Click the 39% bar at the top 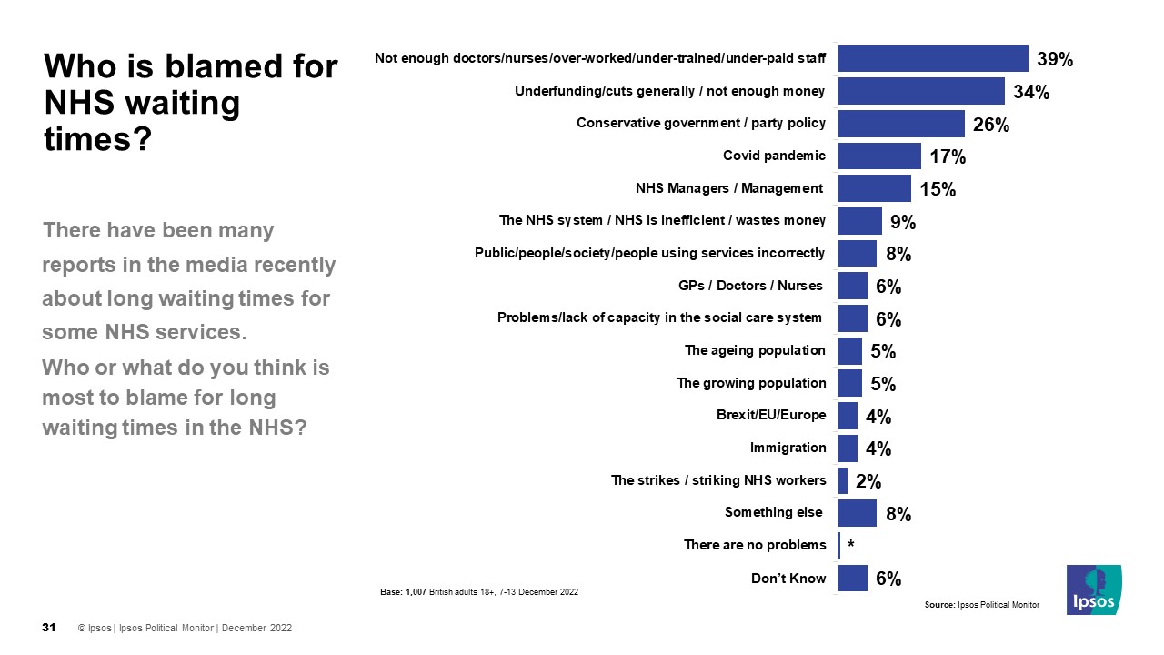[x=932, y=59]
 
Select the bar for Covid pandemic [x=878, y=156]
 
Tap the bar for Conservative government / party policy [x=900, y=124]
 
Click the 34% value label [x=1031, y=92]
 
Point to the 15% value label [x=938, y=189]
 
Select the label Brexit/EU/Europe [x=771, y=415]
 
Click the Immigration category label [x=788, y=448]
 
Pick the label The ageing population [x=755, y=350]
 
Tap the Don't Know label [x=788, y=578]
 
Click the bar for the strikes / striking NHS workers [x=843, y=480]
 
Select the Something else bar [x=857, y=513]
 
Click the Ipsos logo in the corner [x=1094, y=589]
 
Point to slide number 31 [x=50, y=628]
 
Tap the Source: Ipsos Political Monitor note [x=981, y=605]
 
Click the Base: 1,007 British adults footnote [x=478, y=592]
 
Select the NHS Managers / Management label [x=728, y=189]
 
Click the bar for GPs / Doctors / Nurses [x=852, y=286]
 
